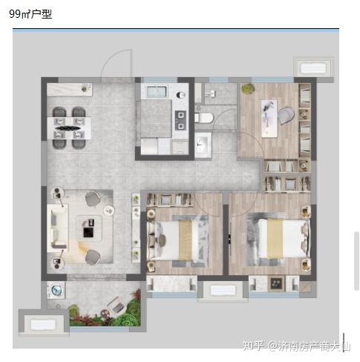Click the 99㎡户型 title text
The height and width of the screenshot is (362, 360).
30,14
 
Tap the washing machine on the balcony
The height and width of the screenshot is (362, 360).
56,290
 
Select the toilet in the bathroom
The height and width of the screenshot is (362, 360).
203,118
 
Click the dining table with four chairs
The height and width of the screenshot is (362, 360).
69,128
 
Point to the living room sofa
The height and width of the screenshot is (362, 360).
58,228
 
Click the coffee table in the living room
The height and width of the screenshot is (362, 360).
89,228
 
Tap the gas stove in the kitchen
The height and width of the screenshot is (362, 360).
181,120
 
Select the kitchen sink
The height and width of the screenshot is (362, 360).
157,91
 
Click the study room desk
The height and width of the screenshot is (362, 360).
269,119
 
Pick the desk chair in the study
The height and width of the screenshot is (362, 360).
287,115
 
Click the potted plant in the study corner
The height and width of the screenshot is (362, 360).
248,88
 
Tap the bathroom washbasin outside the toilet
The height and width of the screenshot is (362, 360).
203,145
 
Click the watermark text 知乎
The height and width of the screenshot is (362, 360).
253,346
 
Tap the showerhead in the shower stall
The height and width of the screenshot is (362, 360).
211,93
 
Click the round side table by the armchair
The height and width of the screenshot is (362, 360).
108,211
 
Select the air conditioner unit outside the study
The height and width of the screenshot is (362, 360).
312,68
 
